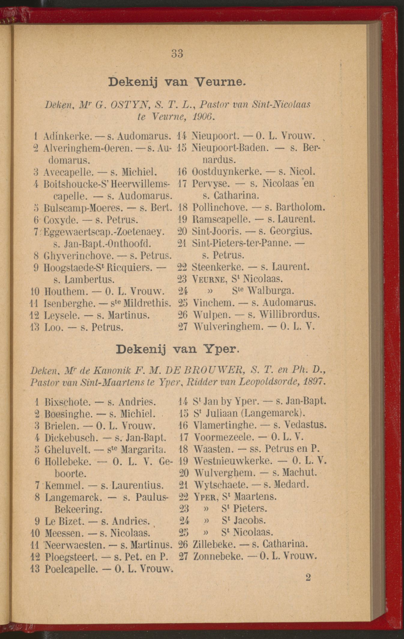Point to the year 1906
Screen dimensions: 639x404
coord(204,116)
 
